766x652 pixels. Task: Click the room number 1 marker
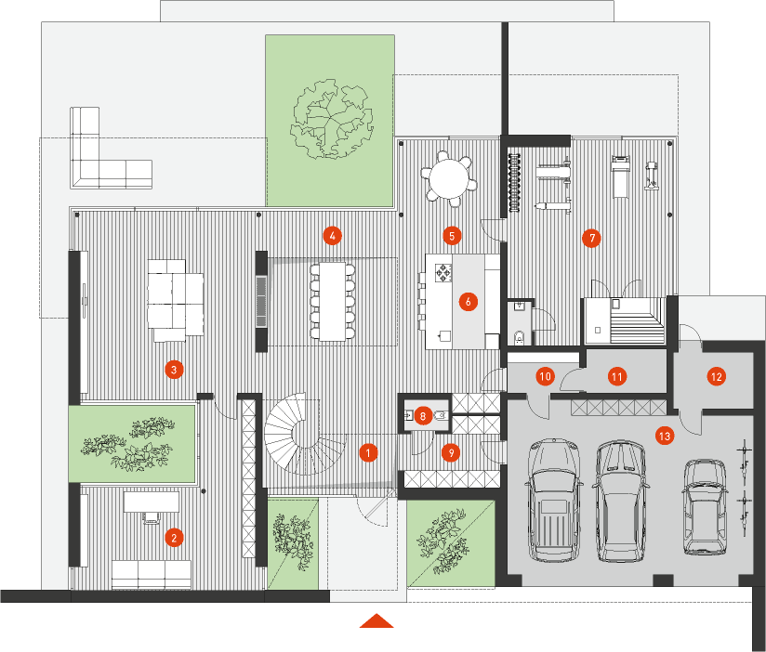click(368, 453)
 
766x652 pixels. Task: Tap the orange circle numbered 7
click(591, 238)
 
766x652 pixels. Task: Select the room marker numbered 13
click(665, 436)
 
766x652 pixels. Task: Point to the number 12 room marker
click(717, 377)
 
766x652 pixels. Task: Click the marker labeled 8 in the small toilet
click(423, 416)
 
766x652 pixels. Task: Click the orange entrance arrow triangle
click(376, 620)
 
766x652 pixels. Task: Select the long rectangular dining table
click(332, 301)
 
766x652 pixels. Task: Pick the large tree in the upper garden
click(332, 119)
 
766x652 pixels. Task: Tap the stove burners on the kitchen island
click(443, 273)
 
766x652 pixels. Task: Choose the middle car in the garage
click(618, 502)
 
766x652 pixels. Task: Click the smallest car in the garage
click(704, 506)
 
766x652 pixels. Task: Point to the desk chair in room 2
click(151, 517)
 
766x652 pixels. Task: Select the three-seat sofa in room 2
click(152, 574)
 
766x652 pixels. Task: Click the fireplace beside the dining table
click(261, 301)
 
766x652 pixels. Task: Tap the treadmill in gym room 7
click(620, 176)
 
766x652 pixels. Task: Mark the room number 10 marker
click(545, 376)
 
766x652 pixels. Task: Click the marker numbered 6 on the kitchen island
click(468, 302)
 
